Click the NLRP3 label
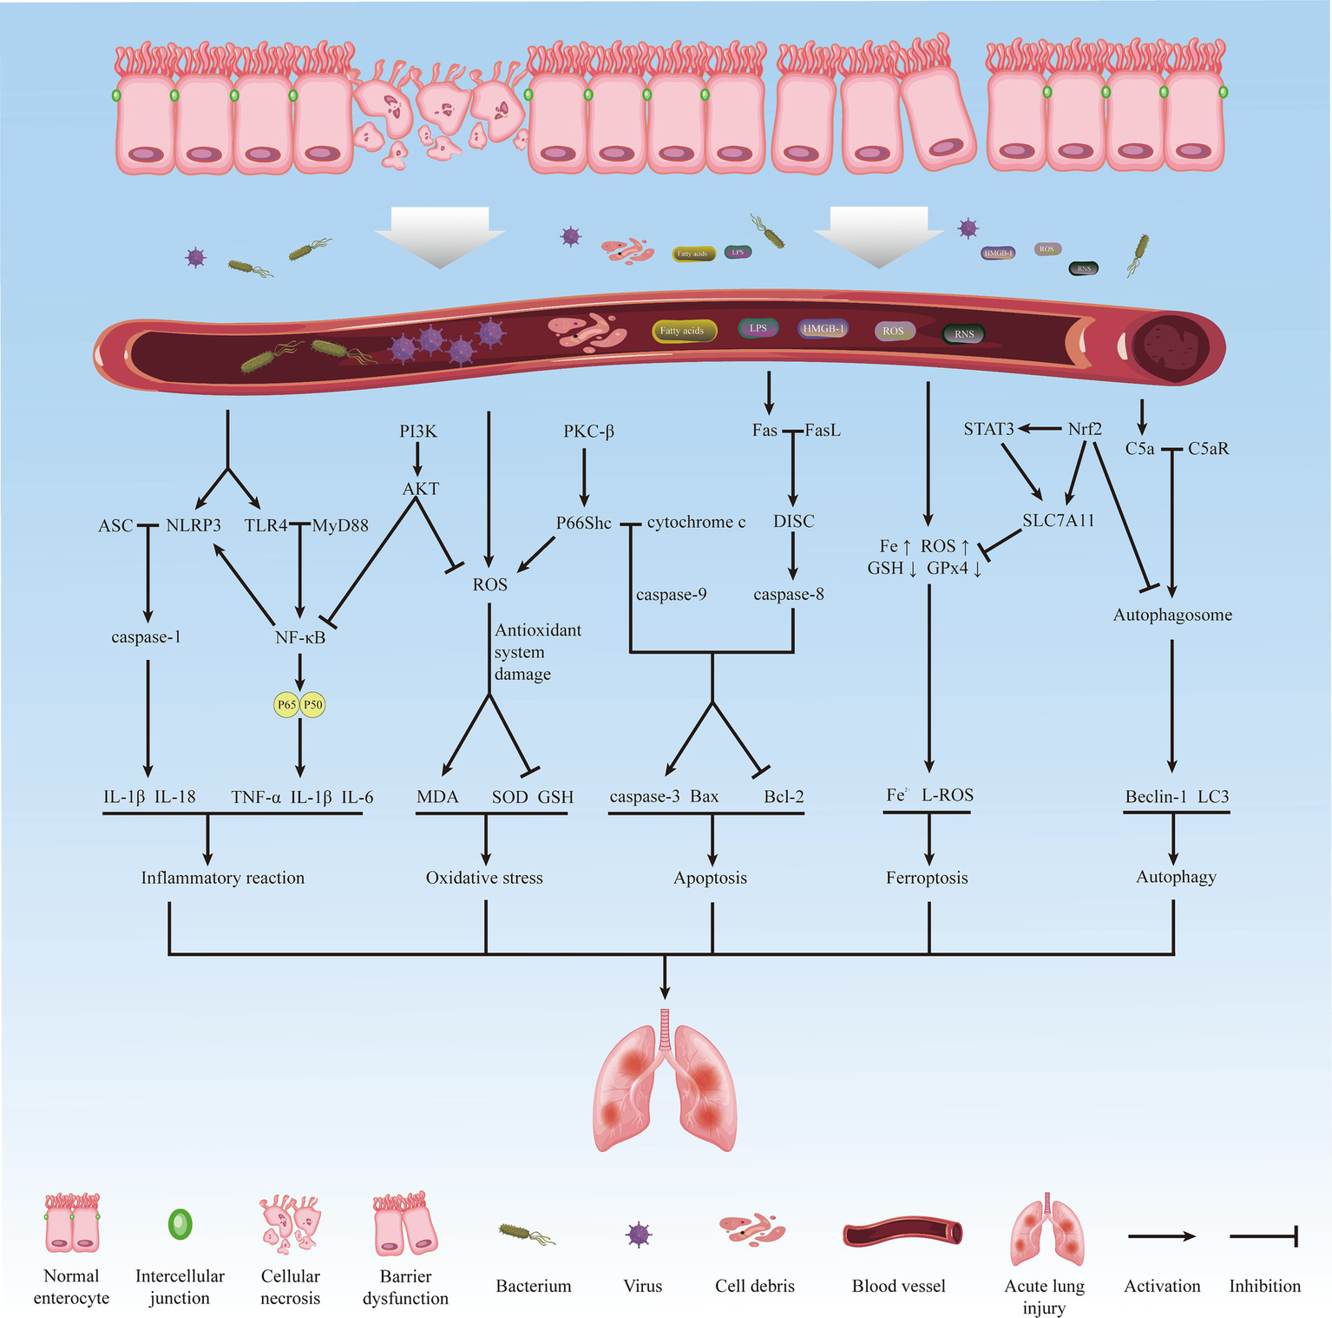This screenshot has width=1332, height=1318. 194,525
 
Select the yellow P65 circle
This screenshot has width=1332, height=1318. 286,705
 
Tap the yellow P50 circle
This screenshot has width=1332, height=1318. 312,705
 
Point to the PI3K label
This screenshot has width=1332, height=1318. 418,432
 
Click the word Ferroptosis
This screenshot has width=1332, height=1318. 927,878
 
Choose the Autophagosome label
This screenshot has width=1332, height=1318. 1172,615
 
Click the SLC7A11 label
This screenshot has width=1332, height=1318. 1058,521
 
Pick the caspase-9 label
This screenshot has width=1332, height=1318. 671,595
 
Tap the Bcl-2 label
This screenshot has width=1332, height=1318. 784,797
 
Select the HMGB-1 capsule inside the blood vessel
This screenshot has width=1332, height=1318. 823,329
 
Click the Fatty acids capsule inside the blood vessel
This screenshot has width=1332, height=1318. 683,331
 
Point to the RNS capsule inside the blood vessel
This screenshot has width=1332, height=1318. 964,334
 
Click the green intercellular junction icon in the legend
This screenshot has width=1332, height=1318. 180,1224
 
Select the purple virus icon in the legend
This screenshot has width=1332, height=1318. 639,1234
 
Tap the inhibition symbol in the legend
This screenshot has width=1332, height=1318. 1263,1236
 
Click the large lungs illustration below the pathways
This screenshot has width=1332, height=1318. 665,1085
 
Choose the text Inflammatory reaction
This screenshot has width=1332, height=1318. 223,878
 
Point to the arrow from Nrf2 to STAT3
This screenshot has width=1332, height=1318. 1040,429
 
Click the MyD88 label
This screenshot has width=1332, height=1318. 340,525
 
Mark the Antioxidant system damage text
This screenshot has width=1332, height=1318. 536,652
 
